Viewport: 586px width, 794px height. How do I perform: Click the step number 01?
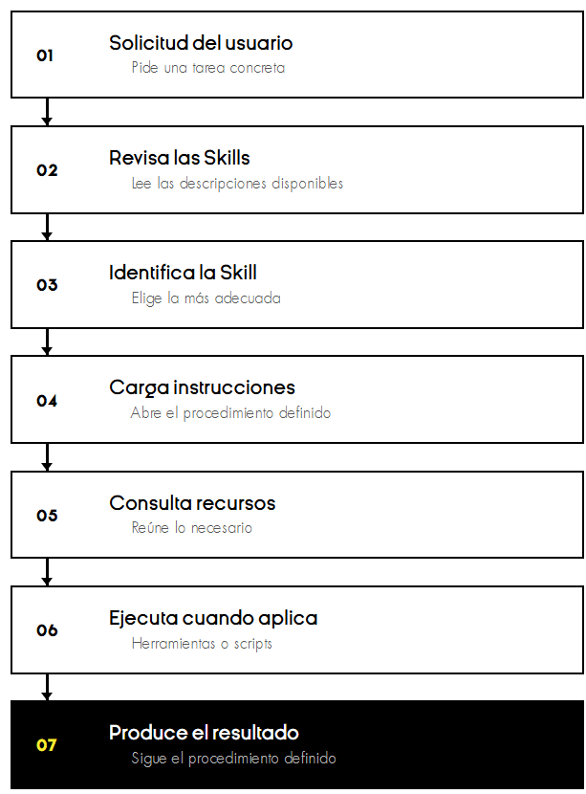click(x=45, y=55)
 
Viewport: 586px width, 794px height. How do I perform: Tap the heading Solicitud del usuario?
click(x=201, y=43)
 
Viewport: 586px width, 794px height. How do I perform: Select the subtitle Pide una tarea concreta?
click(x=208, y=67)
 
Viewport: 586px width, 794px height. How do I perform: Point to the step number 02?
click(x=47, y=170)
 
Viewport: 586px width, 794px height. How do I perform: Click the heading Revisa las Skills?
click(x=180, y=158)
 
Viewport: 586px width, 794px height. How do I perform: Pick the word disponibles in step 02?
click(x=307, y=183)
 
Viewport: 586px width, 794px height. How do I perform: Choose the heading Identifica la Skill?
click(x=184, y=273)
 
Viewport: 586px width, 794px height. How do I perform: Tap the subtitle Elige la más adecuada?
click(x=206, y=298)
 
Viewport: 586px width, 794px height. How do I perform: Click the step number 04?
click(x=47, y=401)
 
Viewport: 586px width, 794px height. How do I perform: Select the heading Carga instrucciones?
click(x=202, y=387)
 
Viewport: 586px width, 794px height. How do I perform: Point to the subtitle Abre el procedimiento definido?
click(x=230, y=412)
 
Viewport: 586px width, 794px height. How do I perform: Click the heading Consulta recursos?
click(x=192, y=503)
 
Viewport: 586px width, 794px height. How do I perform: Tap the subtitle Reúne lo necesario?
click(x=192, y=528)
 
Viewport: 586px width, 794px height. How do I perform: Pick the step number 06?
click(x=47, y=630)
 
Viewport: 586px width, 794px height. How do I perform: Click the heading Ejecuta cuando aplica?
click(x=213, y=618)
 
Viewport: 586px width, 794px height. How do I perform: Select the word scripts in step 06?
click(x=253, y=644)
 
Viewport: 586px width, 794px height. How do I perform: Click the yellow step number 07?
click(x=47, y=745)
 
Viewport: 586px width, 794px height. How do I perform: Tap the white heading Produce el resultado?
click(x=204, y=733)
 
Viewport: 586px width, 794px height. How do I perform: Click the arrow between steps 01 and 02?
click(x=47, y=111)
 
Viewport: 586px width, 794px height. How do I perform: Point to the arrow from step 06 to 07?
click(x=47, y=687)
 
